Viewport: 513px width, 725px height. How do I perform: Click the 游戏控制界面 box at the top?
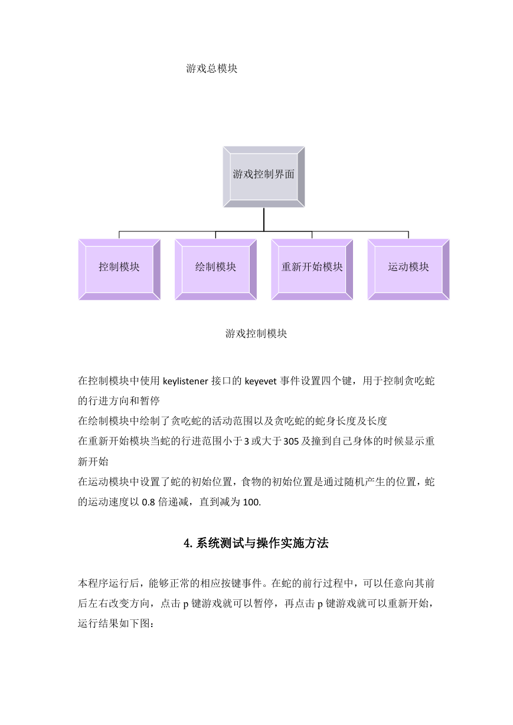pyautogui.click(x=264, y=177)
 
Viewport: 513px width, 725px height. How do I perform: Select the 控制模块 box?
pyautogui.click(x=119, y=269)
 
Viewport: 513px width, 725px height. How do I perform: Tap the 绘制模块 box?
pyautogui.click(x=215, y=269)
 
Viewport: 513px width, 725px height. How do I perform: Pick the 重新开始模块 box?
pyautogui.click(x=312, y=269)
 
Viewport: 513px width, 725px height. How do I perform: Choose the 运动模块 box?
pyautogui.click(x=409, y=269)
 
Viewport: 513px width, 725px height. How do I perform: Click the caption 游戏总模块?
pyautogui.click(x=212, y=68)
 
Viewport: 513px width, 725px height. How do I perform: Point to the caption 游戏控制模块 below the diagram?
pyautogui.click(x=256, y=334)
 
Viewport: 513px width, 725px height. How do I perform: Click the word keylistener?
pyautogui.click(x=185, y=381)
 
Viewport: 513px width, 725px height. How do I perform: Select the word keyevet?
pyautogui.click(x=260, y=381)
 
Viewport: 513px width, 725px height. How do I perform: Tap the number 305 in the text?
pyautogui.click(x=291, y=442)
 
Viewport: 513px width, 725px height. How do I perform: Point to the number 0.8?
pyautogui.click(x=148, y=502)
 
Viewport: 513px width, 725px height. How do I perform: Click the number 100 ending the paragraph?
pyautogui.click(x=251, y=502)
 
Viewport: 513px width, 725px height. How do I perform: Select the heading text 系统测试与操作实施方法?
pyautogui.click(x=262, y=543)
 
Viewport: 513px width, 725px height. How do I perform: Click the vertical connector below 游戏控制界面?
pyautogui.click(x=264, y=220)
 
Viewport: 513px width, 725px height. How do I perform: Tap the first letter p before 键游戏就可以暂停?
pyautogui.click(x=186, y=605)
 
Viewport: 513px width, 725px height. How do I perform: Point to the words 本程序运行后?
pyautogui.click(x=109, y=583)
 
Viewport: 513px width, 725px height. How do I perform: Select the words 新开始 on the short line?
pyautogui.click(x=93, y=462)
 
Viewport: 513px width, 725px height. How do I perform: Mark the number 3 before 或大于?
pyautogui.click(x=247, y=442)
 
